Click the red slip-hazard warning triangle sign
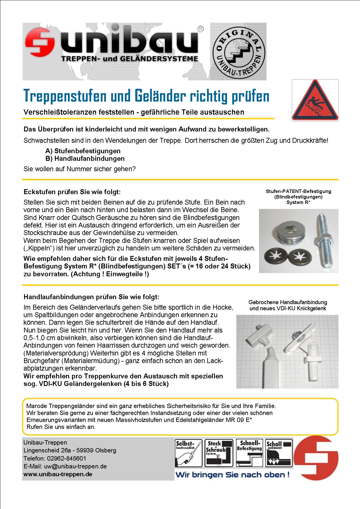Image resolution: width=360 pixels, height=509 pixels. [315, 101]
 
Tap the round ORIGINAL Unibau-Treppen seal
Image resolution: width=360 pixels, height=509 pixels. [238, 52]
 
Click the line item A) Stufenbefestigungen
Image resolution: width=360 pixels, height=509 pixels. [83, 151]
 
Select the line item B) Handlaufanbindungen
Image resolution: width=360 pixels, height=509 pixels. [85, 158]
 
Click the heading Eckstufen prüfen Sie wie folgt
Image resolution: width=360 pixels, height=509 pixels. [72, 192]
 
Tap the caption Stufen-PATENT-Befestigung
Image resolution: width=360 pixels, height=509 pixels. [298, 192]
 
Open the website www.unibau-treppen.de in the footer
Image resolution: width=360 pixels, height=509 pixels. [58, 474]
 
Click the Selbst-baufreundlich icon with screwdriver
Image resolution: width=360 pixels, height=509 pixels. [188, 453]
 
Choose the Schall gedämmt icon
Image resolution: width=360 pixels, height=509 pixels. [279, 453]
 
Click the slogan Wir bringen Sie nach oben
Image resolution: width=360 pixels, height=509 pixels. [233, 475]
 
